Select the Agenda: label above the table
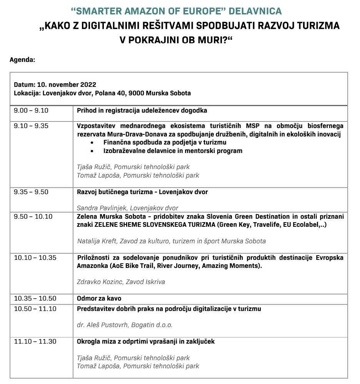(x=22, y=60)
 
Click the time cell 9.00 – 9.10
(x=31, y=111)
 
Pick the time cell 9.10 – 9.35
(x=31, y=126)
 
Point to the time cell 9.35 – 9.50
(x=31, y=192)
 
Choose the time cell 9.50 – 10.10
(x=33, y=217)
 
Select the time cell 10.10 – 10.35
(x=35, y=258)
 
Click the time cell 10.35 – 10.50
(x=35, y=299)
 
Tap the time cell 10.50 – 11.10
(x=35, y=309)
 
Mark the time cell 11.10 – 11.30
(x=35, y=341)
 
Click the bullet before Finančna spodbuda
(x=92, y=143)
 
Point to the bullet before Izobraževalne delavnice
(x=92, y=151)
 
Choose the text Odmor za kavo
(x=99, y=299)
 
